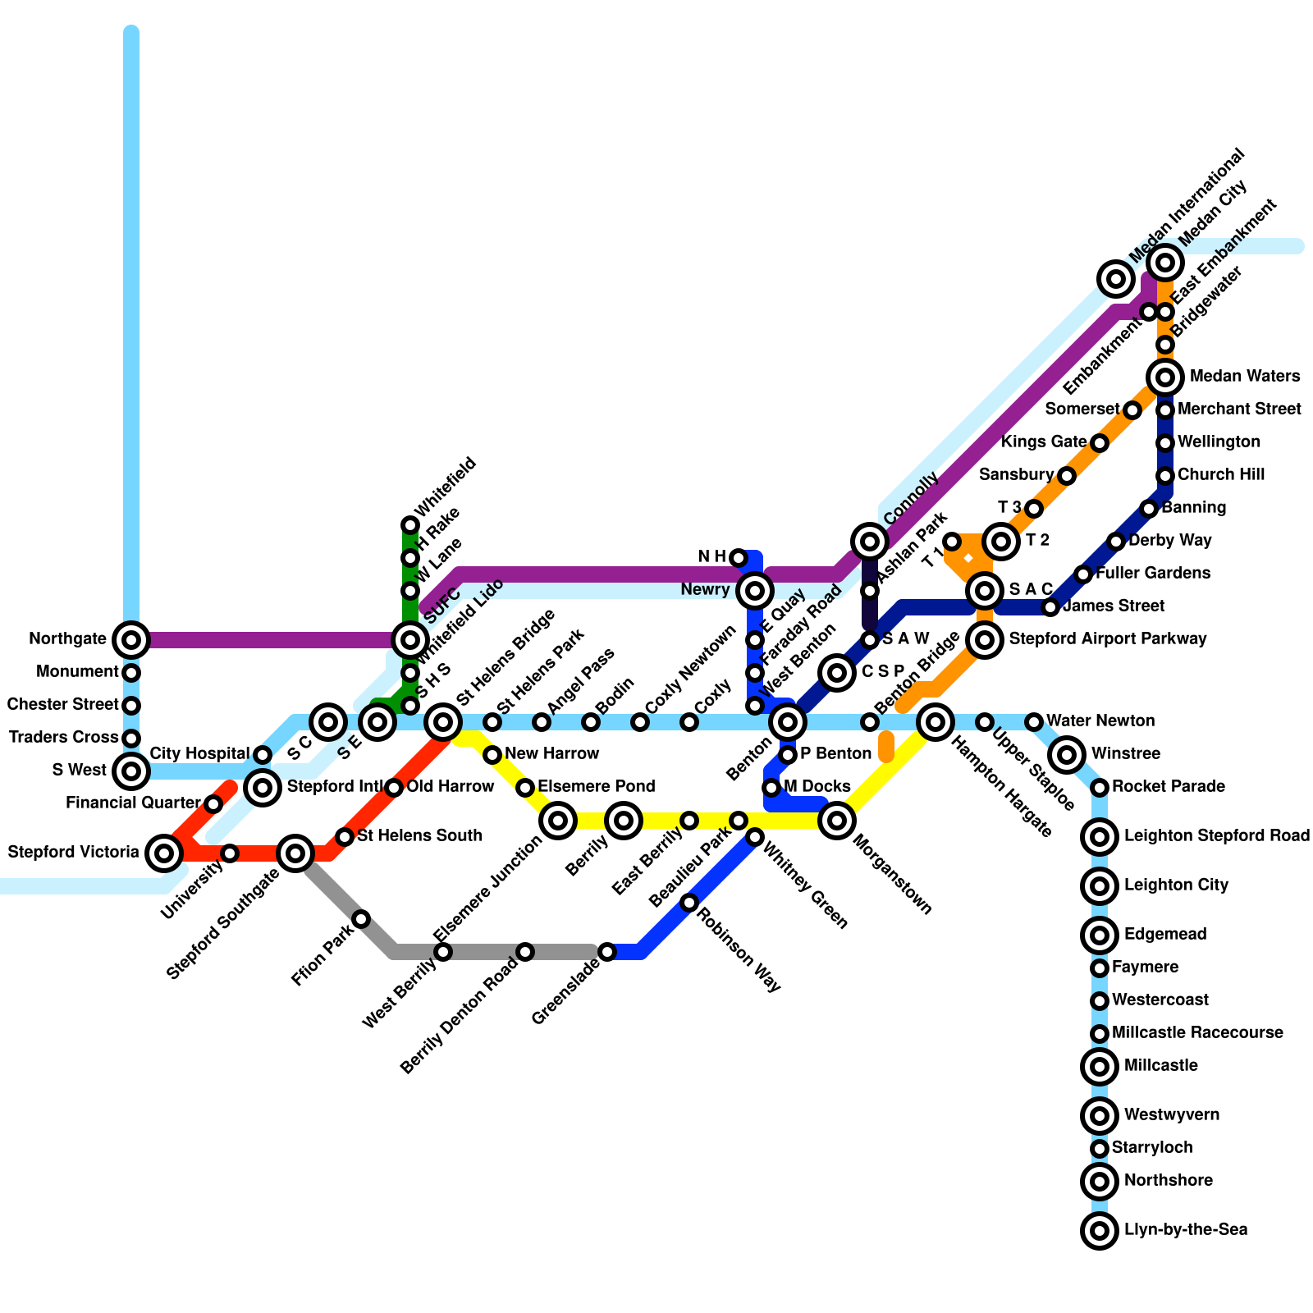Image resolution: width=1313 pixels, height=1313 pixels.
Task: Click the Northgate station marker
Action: click(131, 639)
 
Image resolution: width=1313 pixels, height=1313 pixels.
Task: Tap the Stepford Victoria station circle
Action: click(164, 853)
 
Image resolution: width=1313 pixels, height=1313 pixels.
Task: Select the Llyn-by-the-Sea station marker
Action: click(1100, 1230)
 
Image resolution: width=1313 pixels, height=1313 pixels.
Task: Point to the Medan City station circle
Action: click(1165, 263)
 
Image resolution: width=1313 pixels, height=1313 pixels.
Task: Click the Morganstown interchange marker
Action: click(837, 819)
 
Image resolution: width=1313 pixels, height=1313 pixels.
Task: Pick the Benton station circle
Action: click(788, 722)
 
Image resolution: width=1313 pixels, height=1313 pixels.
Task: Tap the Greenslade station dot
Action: click(607, 952)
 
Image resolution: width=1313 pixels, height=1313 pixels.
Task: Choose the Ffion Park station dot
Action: click(361, 918)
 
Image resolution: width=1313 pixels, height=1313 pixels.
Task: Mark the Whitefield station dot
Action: click(410, 525)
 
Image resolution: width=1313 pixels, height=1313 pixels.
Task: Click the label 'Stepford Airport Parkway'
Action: click(1108, 639)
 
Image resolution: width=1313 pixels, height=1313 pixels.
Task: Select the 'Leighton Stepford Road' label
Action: click(1216, 836)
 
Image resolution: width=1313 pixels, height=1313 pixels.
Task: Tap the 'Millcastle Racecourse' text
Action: click(1197, 1033)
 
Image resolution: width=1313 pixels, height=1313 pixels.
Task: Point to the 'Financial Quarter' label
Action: click(133, 803)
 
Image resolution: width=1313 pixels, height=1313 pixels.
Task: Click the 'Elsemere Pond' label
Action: click(596, 787)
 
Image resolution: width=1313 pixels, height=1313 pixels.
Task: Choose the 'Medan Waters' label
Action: click(1244, 377)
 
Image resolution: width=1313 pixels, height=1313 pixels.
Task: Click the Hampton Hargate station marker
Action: click(936, 722)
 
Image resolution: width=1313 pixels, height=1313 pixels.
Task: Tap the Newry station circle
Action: click(755, 589)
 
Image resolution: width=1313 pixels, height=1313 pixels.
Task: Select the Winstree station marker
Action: click(1067, 754)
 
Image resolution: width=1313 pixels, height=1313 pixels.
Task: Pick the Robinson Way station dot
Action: click(689, 903)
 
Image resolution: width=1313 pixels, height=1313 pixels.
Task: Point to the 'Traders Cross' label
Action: click(63, 738)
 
